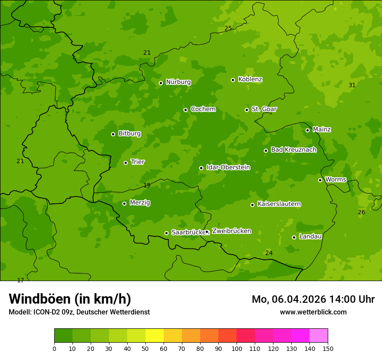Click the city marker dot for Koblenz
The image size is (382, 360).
point(233,80)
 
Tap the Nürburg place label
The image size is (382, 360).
point(178,82)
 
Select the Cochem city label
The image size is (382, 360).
point(203,109)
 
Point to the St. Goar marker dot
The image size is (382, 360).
point(247,110)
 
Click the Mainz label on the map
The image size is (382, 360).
point(322,129)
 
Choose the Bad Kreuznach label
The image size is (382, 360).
point(293,150)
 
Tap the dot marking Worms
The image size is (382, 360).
point(320,180)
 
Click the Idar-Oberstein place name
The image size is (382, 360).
point(228,167)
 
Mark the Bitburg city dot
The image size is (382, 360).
point(113,134)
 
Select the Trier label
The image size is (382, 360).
point(138,162)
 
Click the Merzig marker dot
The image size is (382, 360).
point(124,203)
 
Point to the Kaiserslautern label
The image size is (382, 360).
point(279,204)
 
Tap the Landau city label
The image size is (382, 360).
point(310,236)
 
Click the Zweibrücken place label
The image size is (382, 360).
point(231,231)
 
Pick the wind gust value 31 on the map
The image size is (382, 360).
point(352,85)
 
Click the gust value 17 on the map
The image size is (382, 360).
point(20,280)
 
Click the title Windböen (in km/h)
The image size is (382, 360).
point(70,299)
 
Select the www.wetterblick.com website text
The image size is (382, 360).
point(313,312)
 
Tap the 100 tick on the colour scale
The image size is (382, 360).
point(237,348)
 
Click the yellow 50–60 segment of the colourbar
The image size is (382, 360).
point(155,336)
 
